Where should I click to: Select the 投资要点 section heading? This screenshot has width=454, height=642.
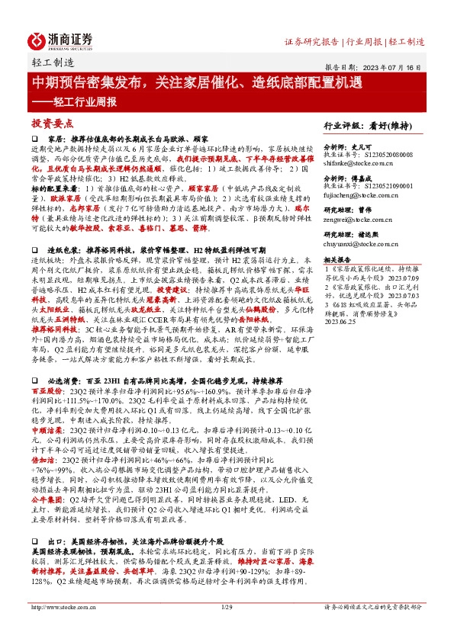pos(51,123)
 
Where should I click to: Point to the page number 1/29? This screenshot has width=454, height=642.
pos(227,628)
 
